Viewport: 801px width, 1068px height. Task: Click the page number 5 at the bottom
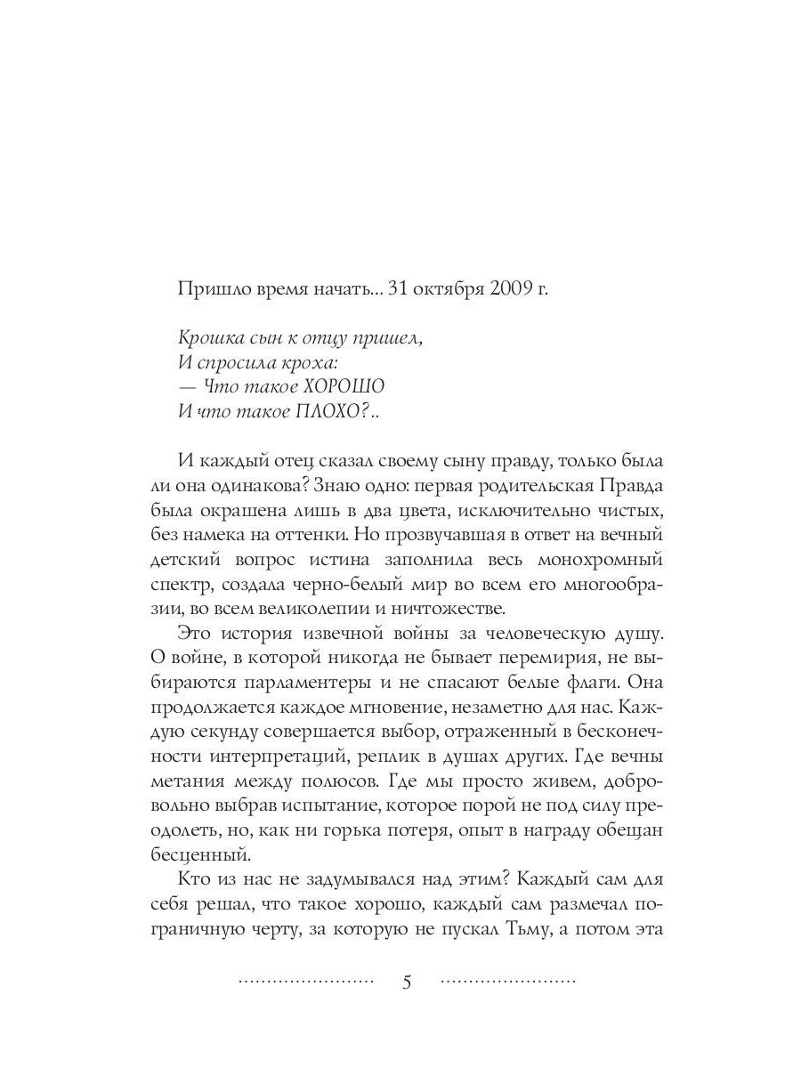coord(407,983)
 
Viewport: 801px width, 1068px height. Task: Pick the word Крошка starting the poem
coord(206,337)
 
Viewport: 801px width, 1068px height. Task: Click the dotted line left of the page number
coord(306,983)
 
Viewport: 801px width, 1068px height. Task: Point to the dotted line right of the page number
coord(508,983)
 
